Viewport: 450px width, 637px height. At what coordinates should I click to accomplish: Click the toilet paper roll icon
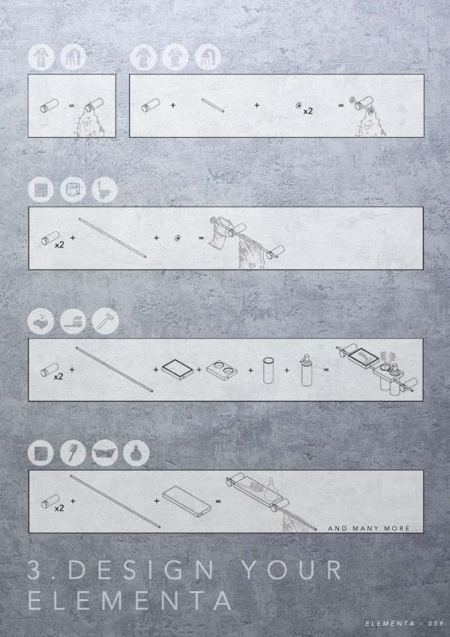tap(73, 190)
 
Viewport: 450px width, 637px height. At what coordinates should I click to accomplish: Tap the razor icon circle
tap(105, 321)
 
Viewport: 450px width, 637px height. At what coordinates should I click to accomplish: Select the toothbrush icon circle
tap(73, 453)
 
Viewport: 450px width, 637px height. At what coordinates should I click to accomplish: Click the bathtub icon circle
tap(105, 453)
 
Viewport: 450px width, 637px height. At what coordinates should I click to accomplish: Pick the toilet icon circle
tap(104, 190)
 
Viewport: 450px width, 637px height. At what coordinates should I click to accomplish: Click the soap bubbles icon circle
tap(41, 321)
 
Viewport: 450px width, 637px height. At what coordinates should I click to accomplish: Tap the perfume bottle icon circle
tap(136, 453)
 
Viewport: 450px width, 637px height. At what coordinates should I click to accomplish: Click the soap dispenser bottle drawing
tap(306, 370)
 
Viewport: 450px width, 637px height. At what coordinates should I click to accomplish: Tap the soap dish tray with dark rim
tap(177, 369)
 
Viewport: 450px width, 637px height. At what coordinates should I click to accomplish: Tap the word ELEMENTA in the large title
tap(130, 600)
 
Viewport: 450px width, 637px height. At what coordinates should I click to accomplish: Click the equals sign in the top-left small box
tap(72, 106)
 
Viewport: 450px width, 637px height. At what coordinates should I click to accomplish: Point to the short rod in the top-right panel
tap(213, 105)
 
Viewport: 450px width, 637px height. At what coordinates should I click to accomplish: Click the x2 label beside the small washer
tap(308, 110)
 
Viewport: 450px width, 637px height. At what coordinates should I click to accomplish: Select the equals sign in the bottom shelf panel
tap(218, 501)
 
